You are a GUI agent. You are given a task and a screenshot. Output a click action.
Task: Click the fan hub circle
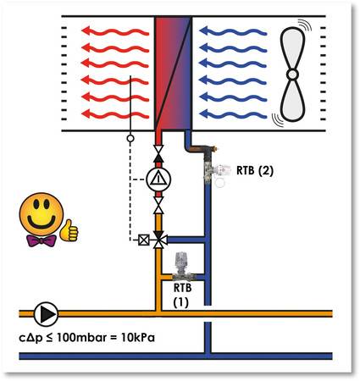coord(292,75)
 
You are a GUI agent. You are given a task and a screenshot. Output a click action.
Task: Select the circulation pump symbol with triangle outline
coord(158,179)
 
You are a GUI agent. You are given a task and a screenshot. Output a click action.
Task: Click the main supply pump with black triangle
coord(46,314)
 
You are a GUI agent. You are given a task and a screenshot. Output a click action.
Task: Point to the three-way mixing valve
coord(159,240)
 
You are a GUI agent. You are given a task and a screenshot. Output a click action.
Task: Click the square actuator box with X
coord(144,240)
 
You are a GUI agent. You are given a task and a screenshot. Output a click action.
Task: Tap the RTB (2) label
coord(255,170)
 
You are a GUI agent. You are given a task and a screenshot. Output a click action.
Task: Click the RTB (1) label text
coord(182,295)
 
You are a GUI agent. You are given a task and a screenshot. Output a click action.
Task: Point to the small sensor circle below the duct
coord(130,138)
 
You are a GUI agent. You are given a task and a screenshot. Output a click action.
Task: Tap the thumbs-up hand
coord(69,230)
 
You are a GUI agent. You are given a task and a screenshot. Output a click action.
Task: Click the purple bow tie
coord(42,240)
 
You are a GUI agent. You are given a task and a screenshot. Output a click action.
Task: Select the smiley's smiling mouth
coord(42,222)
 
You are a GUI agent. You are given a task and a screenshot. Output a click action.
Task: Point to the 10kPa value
coord(138,338)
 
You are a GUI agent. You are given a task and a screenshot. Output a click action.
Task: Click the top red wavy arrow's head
coord(86,30)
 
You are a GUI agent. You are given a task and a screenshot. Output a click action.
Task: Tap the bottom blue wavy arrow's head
coord(204,113)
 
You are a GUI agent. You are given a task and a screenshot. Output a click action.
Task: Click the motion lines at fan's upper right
coord(306,25)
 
